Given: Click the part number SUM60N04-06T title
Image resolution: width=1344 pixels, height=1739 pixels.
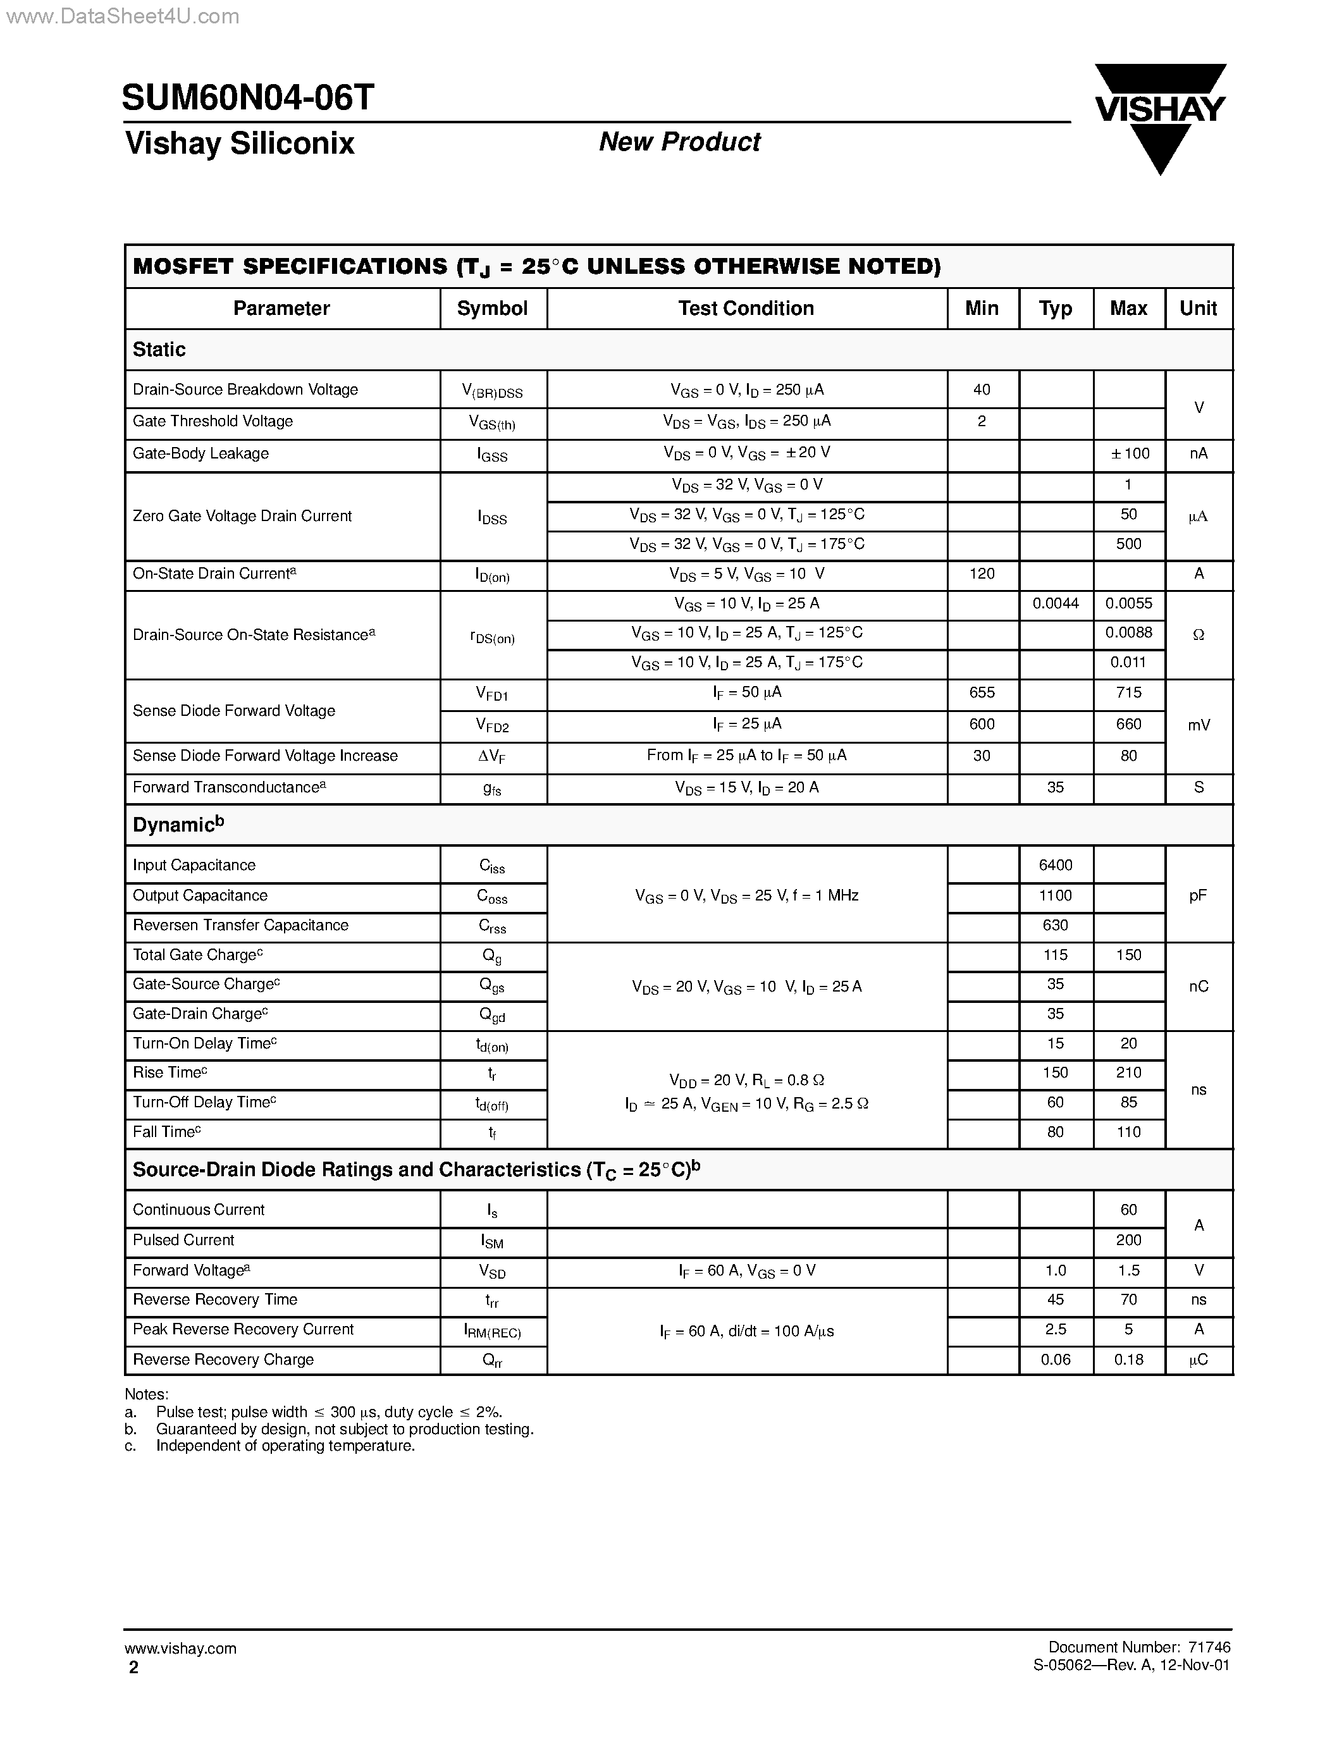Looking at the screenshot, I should [x=248, y=98].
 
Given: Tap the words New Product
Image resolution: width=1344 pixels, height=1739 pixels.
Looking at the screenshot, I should [x=679, y=142].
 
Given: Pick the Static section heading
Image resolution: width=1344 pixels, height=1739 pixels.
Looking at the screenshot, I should [x=159, y=350].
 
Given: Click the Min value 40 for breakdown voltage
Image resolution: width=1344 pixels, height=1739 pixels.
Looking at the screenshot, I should [x=982, y=390].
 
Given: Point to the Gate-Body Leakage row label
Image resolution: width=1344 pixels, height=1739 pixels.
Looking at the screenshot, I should [x=200, y=453].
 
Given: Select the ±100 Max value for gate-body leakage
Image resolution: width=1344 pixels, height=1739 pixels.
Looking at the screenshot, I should [x=1129, y=453].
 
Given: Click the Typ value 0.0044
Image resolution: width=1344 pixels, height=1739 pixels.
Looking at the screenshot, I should [x=1055, y=603].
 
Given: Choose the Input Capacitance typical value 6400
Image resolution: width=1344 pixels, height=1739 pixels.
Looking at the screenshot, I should [x=1055, y=864].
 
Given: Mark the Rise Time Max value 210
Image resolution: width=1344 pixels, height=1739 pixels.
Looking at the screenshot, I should [x=1129, y=1072].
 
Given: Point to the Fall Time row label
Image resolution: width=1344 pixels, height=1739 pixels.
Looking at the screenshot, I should [x=166, y=1131].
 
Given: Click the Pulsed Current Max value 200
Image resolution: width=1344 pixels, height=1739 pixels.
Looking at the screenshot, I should [x=1129, y=1240].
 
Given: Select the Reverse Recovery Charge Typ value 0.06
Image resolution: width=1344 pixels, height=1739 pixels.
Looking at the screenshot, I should [x=1055, y=1359].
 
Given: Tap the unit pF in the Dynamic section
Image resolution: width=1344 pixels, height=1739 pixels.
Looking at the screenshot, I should [x=1199, y=896].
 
